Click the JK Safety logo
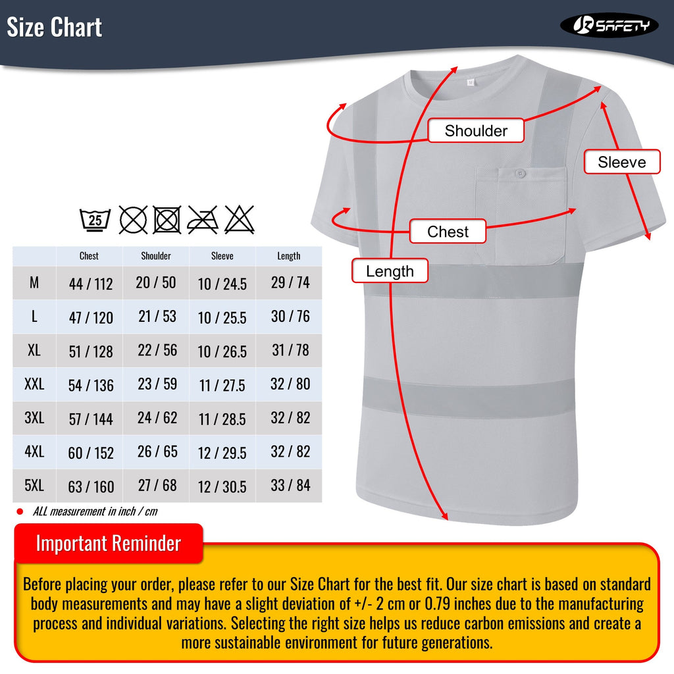pyautogui.click(x=609, y=26)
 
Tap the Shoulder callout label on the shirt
pyautogui.click(x=476, y=130)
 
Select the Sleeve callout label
pyautogui.click(x=621, y=162)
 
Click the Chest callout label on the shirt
pyautogui.click(x=448, y=232)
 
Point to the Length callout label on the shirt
pyautogui.click(x=390, y=271)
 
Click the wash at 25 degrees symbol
pyautogui.click(x=96, y=219)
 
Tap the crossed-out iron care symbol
pyautogui.click(x=203, y=219)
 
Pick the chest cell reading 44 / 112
pyautogui.click(x=91, y=284)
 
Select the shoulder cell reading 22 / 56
pyautogui.click(x=157, y=350)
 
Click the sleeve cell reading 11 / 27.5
pyautogui.click(x=222, y=385)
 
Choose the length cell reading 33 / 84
pyautogui.click(x=290, y=486)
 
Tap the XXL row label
pyautogui.click(x=34, y=384)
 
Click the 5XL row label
pyautogui.click(x=34, y=486)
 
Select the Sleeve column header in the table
pyautogui.click(x=222, y=256)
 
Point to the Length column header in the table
pyautogui.click(x=289, y=256)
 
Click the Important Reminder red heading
pyautogui.click(x=109, y=544)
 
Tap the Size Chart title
pyautogui.click(x=55, y=28)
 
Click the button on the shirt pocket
pyautogui.click(x=520, y=174)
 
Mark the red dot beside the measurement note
pyautogui.click(x=19, y=511)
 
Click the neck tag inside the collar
pyautogui.click(x=470, y=82)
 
